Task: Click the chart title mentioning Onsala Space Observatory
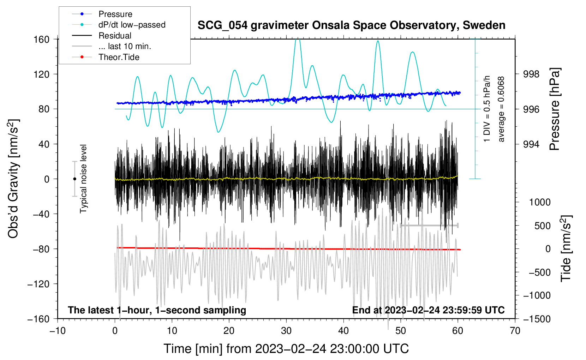tap(351, 25)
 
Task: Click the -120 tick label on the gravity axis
tap(38, 284)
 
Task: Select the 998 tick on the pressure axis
tap(531, 74)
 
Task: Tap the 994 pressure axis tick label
tap(531, 144)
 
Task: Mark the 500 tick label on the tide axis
tap(542, 226)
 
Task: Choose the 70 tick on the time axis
tap(515, 331)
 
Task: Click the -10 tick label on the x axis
tap(58, 331)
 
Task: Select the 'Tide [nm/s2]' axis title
tap(566, 248)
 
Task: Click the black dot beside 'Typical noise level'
tap(74, 179)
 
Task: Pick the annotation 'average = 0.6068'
tap(501, 109)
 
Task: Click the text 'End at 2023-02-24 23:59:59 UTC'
tap(428, 310)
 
